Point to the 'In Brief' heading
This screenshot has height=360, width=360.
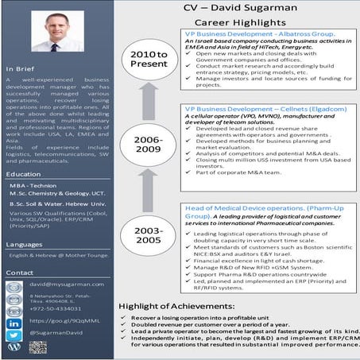click(x=21, y=68)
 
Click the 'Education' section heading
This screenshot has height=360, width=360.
click(x=23, y=173)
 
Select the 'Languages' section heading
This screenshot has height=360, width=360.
click(x=25, y=245)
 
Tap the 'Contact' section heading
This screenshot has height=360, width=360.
click(x=20, y=273)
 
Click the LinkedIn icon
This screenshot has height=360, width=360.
click(x=14, y=325)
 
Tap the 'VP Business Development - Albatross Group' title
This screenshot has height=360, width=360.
click(x=250, y=37)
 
